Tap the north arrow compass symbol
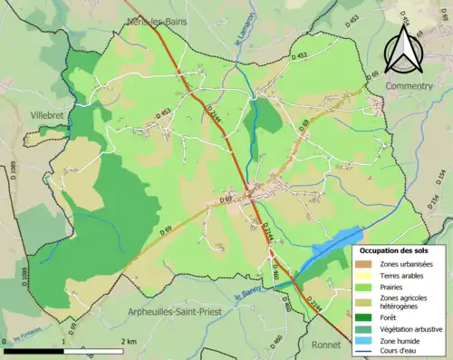(403, 50)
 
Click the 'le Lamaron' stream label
(242, 36)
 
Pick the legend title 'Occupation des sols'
(395, 249)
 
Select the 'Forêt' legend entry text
(390, 317)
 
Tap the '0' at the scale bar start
(5, 341)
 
